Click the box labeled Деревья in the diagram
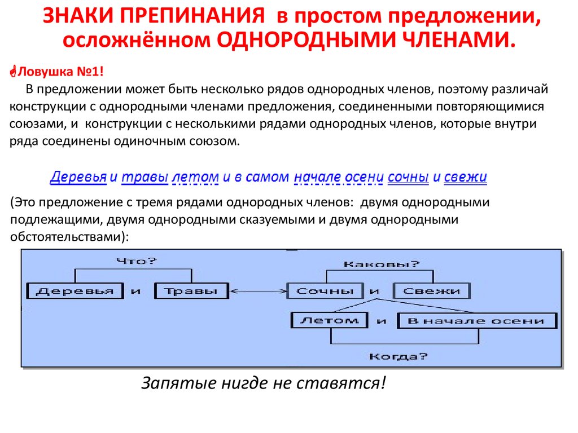[x=75, y=291]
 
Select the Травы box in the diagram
[x=192, y=291]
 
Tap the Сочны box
[x=325, y=291]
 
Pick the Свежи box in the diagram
[x=432, y=291]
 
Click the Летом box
[x=330, y=320]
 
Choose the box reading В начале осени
[x=477, y=321]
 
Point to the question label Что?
[x=137, y=261]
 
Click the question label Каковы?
[x=382, y=264]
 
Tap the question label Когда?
[x=398, y=356]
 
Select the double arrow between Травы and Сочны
[x=258, y=291]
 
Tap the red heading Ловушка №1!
[x=60, y=71]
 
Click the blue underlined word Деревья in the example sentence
[x=78, y=177]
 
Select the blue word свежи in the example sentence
[x=465, y=177]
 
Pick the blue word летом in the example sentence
[x=195, y=178]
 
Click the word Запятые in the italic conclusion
[x=179, y=383]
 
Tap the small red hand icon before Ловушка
[x=14, y=71]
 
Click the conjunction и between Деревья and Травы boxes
[x=136, y=291]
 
